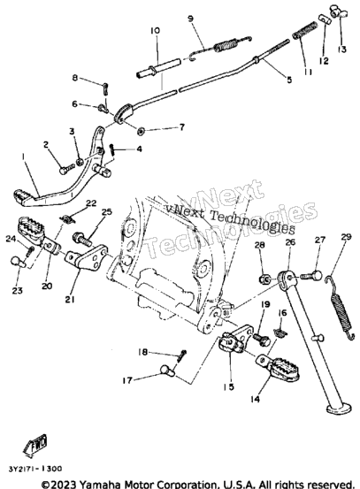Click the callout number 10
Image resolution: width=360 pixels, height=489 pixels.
pos(155,31)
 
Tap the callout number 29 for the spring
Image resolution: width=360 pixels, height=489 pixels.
pos(346,237)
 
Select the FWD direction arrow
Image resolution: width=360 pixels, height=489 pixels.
pos(35,445)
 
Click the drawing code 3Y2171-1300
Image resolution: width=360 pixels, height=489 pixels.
pos(35,469)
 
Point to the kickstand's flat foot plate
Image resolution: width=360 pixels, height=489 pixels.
pos(338,409)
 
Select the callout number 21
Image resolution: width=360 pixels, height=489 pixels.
pos(70,300)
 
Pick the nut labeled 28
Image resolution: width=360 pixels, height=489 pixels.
pos(264,279)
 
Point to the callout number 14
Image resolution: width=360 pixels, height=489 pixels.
pos(255,399)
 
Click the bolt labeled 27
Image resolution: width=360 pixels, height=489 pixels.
pos(311,276)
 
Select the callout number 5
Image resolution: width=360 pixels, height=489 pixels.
pos(289,80)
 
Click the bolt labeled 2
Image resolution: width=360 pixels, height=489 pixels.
pos(66,169)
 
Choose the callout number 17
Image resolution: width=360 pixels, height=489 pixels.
pos(127,380)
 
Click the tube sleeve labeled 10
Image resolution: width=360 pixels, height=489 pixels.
pos(158,68)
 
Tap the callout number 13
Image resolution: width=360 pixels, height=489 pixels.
pos(342,50)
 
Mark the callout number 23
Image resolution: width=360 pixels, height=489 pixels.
pos(17,291)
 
